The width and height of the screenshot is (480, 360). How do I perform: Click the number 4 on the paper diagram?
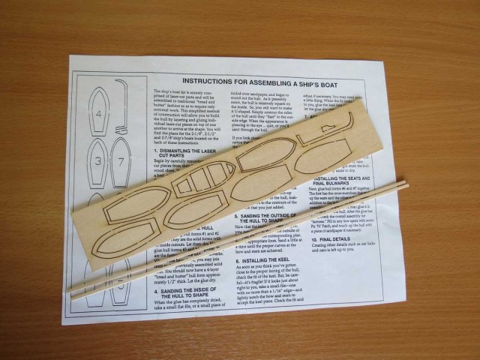tap(100, 115)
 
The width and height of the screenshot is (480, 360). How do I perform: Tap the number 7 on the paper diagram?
tap(119, 163)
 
